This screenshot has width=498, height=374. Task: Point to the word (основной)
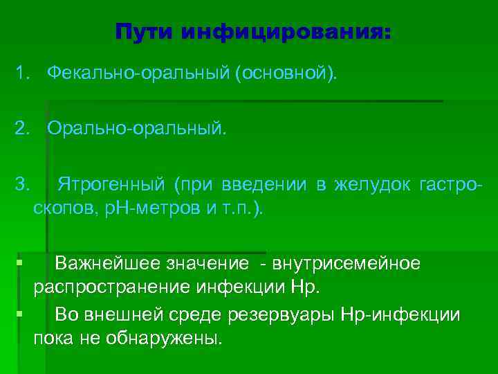(288, 73)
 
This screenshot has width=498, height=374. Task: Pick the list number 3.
(23, 185)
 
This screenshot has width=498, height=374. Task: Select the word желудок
(373, 185)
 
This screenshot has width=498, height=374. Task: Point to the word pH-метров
(149, 208)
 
